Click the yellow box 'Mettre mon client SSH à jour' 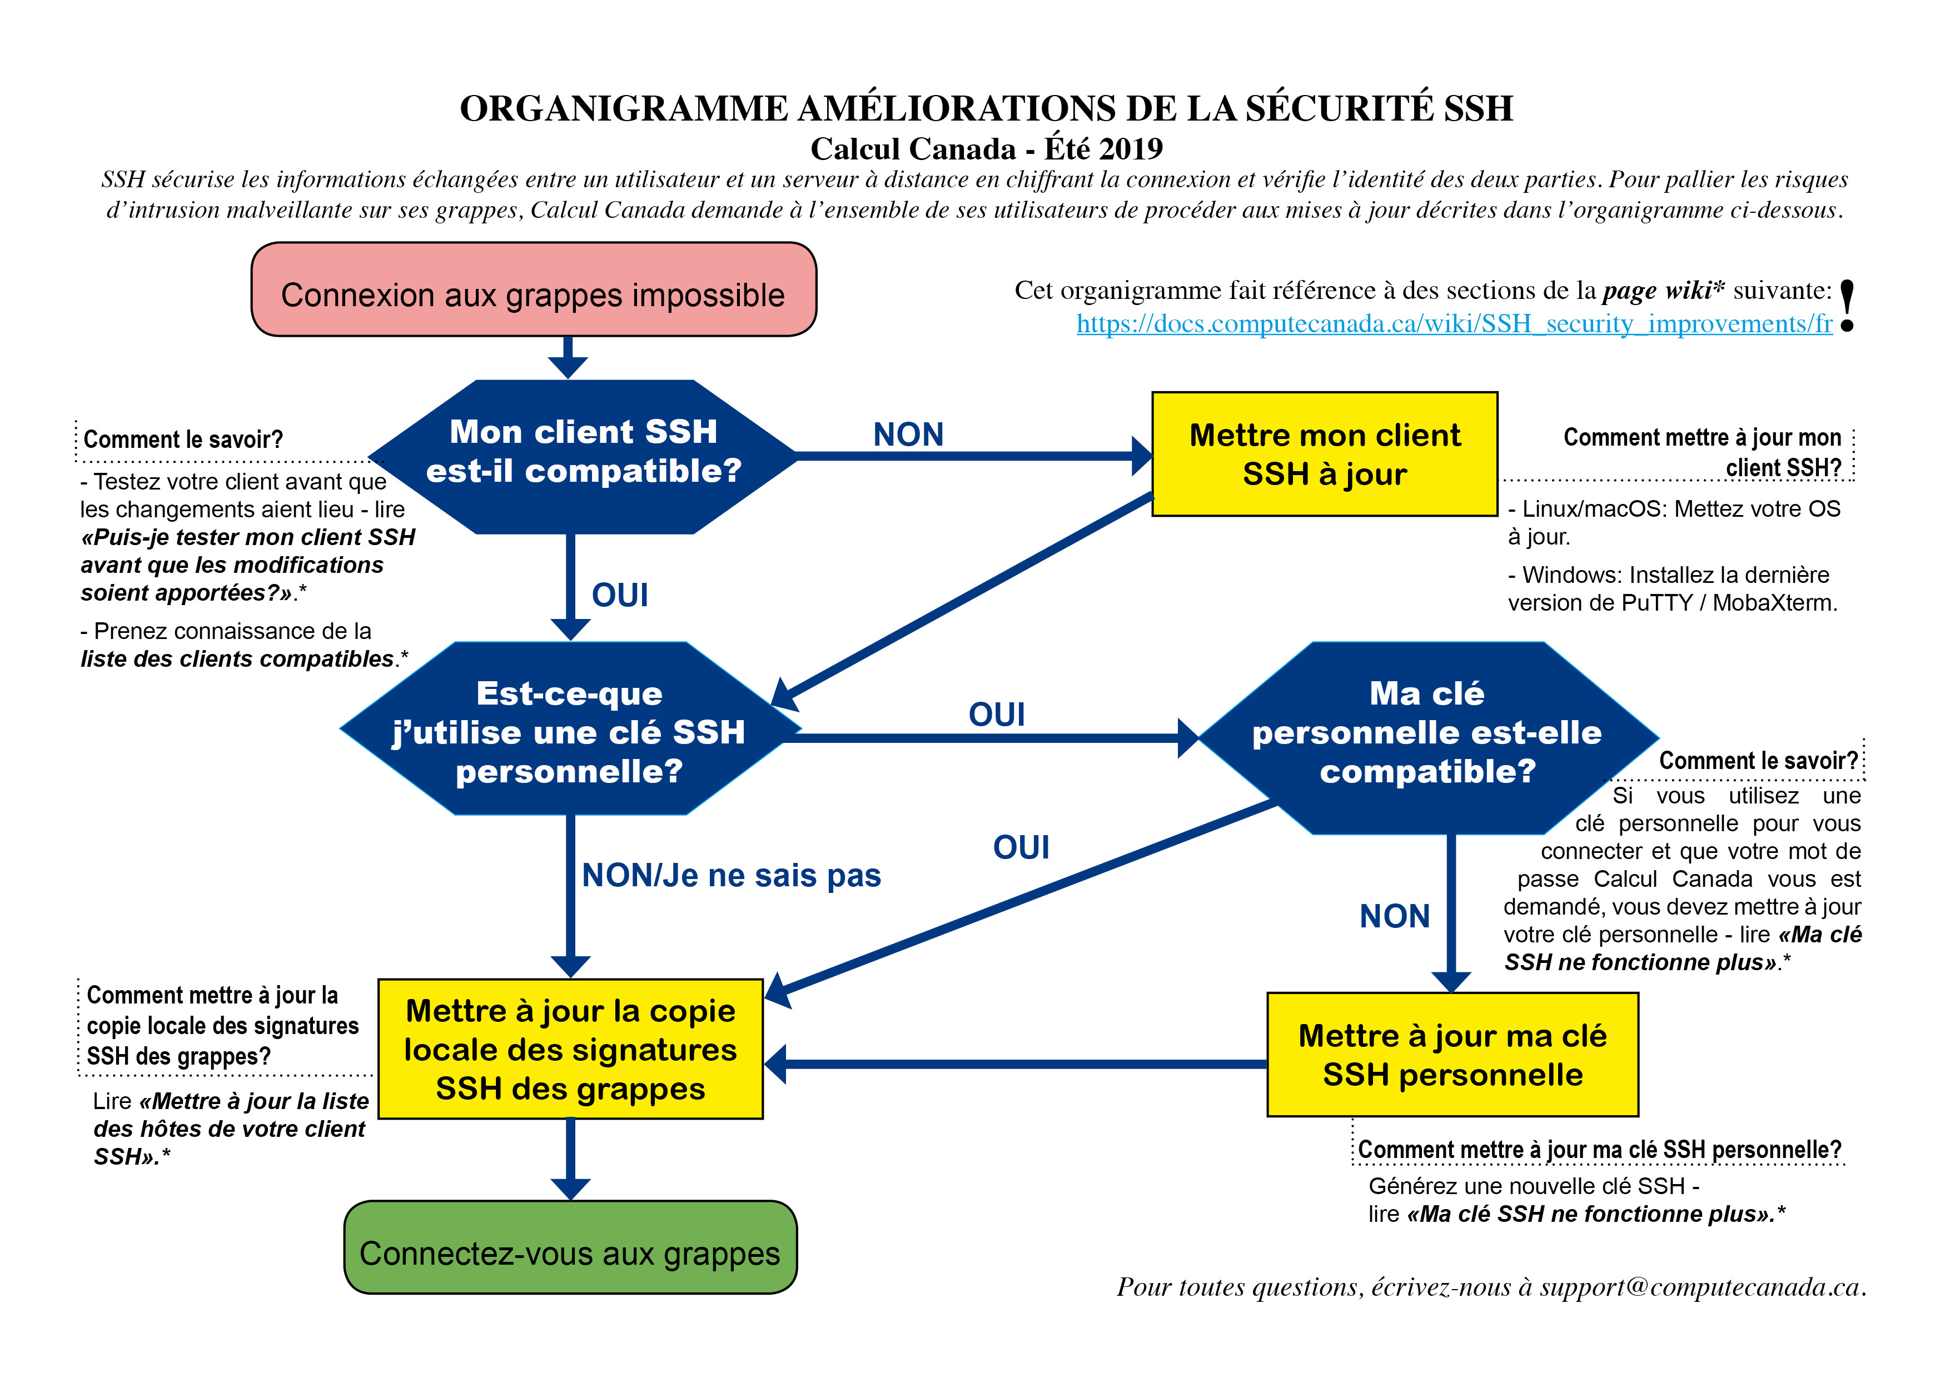coord(1324,454)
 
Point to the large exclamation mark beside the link coord(1847,306)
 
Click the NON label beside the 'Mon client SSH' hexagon coord(908,435)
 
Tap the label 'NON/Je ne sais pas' coord(732,875)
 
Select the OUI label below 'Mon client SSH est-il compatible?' coord(620,595)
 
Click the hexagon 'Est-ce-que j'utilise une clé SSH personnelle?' coord(570,731)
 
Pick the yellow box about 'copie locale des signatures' coord(570,1050)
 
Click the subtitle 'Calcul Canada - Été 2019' coord(986,149)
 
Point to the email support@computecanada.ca coord(1699,1287)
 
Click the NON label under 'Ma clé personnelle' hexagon coord(1395,916)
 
